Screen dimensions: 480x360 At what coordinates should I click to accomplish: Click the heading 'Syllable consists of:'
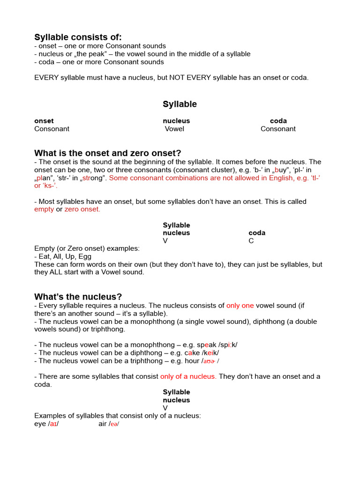(x=78, y=37)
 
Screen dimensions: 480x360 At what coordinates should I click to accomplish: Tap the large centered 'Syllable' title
(x=180, y=104)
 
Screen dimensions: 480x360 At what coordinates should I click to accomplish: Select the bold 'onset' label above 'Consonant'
(x=44, y=121)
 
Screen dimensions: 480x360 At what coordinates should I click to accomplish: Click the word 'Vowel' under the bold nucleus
(x=174, y=129)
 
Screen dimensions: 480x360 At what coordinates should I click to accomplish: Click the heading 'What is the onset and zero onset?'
(x=107, y=153)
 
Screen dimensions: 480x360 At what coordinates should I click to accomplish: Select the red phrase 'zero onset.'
(x=82, y=210)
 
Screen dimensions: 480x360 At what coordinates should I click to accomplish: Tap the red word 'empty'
(x=44, y=210)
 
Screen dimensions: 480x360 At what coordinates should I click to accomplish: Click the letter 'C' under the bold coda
(x=251, y=241)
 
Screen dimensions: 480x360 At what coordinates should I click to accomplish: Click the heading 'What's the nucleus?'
(x=78, y=297)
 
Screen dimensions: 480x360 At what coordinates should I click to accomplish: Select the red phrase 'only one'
(x=240, y=306)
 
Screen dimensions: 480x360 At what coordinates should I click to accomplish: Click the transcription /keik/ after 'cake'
(x=210, y=353)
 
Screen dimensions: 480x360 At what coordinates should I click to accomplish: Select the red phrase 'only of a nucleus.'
(x=188, y=376)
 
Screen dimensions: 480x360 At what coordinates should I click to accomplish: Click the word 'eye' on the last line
(x=40, y=424)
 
